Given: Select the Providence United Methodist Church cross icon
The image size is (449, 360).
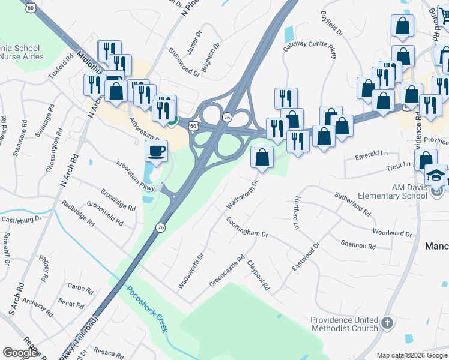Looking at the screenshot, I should [x=387, y=323].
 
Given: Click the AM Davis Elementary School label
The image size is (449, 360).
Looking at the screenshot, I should [x=409, y=191].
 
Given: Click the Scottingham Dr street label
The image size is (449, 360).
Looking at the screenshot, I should [x=247, y=227].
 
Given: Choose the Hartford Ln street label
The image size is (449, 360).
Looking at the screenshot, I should [x=296, y=212].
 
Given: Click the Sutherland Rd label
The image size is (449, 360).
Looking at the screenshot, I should [x=352, y=204].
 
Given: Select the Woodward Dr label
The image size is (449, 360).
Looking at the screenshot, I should [x=392, y=233].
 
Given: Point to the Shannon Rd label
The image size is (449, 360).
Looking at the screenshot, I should [x=358, y=245].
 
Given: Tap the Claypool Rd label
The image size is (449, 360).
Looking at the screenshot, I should [x=259, y=275].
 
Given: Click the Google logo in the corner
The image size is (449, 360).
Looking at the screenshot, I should [x=20, y=353].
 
